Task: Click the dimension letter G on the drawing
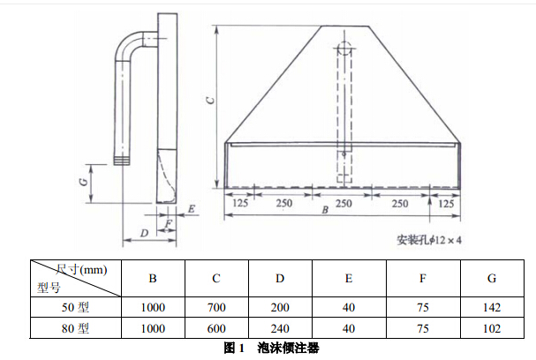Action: click(x=81, y=180)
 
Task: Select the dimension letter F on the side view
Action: click(x=169, y=223)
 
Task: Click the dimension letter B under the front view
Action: click(x=325, y=211)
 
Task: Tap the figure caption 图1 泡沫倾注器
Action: click(x=268, y=349)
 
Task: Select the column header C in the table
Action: click(x=215, y=279)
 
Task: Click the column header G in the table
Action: click(x=491, y=279)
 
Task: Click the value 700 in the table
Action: click(x=215, y=308)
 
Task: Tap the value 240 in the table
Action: click(x=280, y=328)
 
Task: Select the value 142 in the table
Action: click(x=491, y=308)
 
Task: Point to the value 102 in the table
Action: click(x=491, y=328)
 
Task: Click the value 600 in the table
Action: click(x=215, y=328)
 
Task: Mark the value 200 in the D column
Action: click(x=280, y=308)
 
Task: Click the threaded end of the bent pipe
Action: click(x=124, y=161)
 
